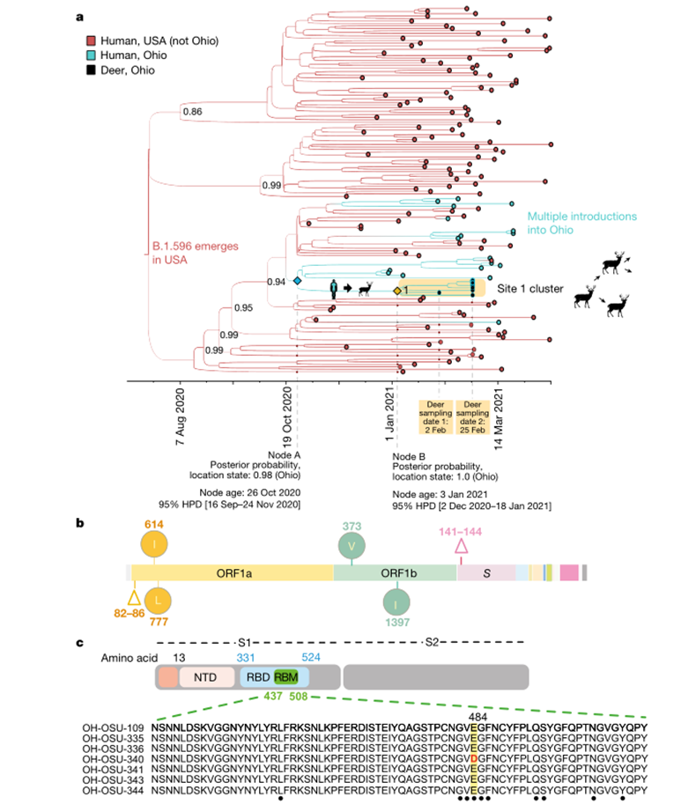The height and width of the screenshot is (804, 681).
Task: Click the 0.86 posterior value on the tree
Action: [x=191, y=112]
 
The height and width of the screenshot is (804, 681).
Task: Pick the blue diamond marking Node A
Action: [x=297, y=281]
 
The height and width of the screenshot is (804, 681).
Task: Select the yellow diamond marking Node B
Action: [x=397, y=291]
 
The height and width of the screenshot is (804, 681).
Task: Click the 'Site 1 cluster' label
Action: [x=529, y=287]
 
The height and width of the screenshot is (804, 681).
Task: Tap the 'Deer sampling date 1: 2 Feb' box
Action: [x=439, y=416]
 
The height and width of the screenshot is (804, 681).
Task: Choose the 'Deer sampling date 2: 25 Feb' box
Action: [x=473, y=416]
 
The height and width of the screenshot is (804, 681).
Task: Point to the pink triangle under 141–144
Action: [x=460, y=548]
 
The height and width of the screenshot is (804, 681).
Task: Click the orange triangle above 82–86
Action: [x=135, y=598]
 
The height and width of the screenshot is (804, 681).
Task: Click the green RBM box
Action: [x=285, y=676]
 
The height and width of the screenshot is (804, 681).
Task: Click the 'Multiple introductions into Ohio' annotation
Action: [x=581, y=223]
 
